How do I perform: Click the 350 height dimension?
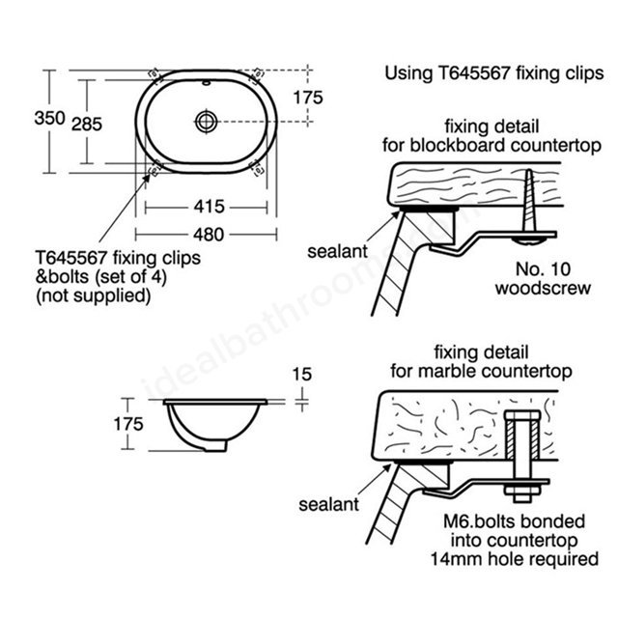[x=49, y=118]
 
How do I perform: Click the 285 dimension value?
[x=87, y=125]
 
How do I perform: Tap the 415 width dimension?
[x=209, y=207]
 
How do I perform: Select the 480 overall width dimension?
[x=209, y=235]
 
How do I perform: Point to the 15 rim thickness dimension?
[x=302, y=374]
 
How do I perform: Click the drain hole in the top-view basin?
[x=206, y=121]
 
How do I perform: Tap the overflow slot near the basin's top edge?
[x=206, y=83]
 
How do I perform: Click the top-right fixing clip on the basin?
[x=257, y=74]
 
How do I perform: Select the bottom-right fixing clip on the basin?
[x=257, y=168]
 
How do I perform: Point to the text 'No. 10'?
[x=543, y=269]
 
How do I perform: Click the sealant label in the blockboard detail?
[x=337, y=251]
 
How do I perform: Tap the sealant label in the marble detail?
[x=328, y=504]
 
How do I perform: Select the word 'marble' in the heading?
[x=442, y=371]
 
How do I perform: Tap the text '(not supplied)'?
[x=94, y=295]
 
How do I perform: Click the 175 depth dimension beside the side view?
[x=128, y=424]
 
